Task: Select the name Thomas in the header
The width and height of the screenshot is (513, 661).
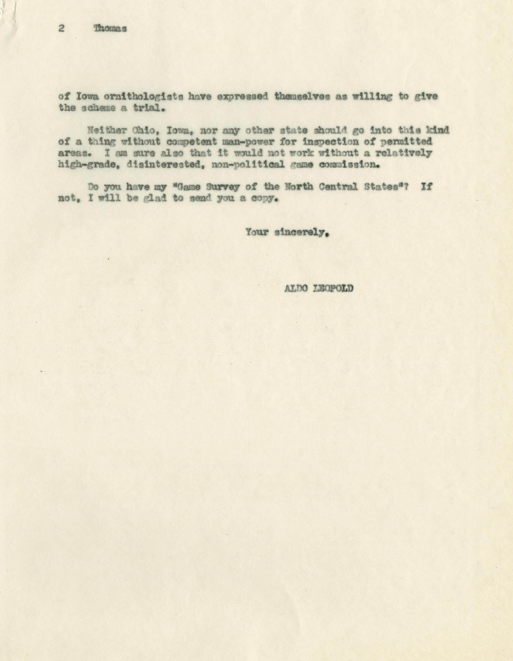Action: tap(111, 29)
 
